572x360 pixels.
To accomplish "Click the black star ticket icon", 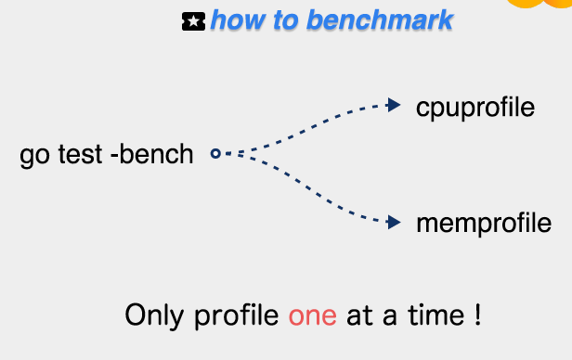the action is click(193, 21).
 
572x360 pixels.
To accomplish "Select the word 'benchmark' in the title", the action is click(380, 20).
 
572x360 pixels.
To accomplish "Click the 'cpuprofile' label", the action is click(475, 108).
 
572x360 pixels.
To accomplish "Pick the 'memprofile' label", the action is click(484, 223).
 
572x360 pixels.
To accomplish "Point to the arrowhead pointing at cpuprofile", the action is click(394, 105).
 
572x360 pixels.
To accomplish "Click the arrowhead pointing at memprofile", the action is click(394, 223).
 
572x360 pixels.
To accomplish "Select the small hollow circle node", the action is click(215, 153).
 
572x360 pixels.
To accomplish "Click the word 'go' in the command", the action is click(34, 156).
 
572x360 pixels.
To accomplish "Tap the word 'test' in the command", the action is click(80, 154).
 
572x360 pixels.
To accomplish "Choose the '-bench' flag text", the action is click(151, 154).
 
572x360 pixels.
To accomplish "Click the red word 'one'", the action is click(313, 315).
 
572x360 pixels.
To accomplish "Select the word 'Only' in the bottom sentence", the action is click(154, 315).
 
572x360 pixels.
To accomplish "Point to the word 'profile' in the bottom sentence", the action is click(237, 315).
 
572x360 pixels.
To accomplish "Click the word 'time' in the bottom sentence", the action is click(435, 315).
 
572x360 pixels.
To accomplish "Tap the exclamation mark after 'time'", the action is click(478, 315).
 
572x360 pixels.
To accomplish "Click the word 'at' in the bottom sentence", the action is click(359, 315).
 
